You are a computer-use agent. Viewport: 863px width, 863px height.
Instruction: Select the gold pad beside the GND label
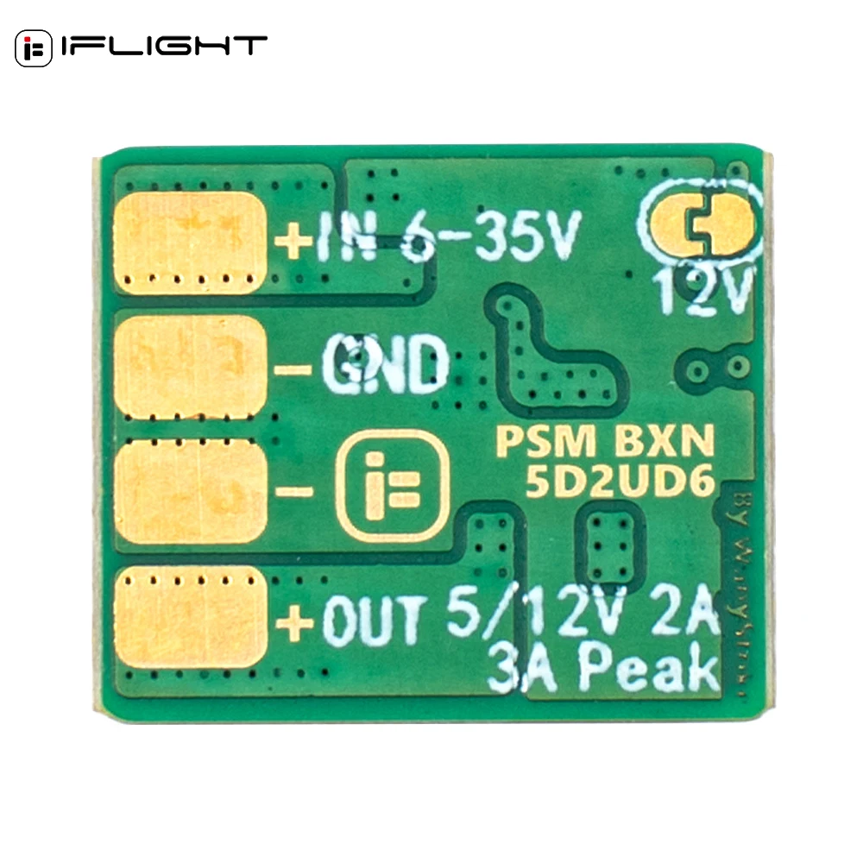tap(188, 367)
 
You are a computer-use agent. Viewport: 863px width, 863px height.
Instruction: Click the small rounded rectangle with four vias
tap(611, 539)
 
